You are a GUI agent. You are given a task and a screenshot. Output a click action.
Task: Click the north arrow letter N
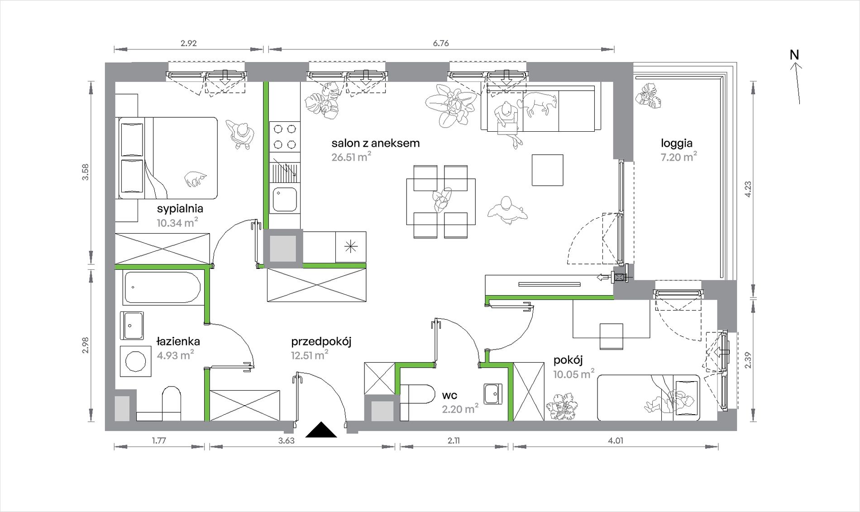[x=794, y=55]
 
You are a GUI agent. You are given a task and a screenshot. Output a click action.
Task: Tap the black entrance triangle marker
[x=321, y=430]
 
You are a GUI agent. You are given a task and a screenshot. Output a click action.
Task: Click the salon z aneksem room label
[x=375, y=143]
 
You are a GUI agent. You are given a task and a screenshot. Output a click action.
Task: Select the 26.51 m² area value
[x=351, y=157]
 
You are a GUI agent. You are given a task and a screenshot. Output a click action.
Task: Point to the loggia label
[x=676, y=144]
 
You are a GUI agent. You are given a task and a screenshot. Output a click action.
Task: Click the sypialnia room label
[x=180, y=209]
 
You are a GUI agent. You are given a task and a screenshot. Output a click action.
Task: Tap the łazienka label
[x=178, y=341]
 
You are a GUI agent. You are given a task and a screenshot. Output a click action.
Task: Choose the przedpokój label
[x=321, y=341]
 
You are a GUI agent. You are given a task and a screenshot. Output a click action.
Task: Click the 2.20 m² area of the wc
[x=460, y=409]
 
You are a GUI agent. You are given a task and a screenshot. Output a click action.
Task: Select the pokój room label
[x=568, y=360]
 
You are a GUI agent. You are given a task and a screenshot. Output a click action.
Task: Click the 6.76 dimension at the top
[x=440, y=43]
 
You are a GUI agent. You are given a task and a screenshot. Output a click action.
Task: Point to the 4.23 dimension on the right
[x=748, y=189]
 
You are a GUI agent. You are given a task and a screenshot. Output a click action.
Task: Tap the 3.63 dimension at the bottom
[x=287, y=440]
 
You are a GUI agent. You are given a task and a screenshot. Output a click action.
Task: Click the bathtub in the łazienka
[x=162, y=287]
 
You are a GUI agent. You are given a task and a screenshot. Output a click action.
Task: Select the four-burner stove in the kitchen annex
[x=285, y=137]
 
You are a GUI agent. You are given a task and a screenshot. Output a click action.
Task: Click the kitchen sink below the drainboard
[x=285, y=200]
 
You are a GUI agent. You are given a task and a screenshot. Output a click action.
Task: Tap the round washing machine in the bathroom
[x=135, y=361]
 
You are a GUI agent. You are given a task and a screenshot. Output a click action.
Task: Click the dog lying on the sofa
[x=538, y=104]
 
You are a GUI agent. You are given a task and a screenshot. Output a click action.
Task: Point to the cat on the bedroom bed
[x=195, y=179]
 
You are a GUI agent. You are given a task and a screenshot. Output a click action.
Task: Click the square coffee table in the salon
[x=548, y=170]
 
